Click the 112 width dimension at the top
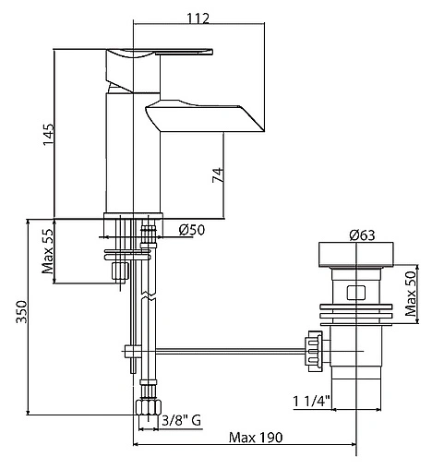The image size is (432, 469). point(198,18)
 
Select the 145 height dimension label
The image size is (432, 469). point(48,135)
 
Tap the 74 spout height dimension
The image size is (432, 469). point(218,174)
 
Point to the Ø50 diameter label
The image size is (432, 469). point(192,230)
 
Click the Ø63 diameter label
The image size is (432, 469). point(362,235)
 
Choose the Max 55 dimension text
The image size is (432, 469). point(48,251)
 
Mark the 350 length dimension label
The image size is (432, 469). point(22,312)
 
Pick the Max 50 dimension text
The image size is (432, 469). point(411,294)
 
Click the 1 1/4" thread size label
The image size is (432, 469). point(311,401)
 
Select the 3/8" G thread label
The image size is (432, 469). point(182,420)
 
